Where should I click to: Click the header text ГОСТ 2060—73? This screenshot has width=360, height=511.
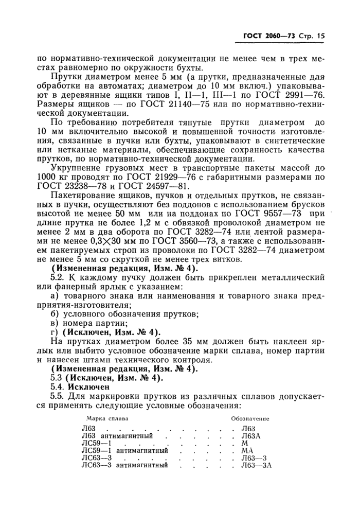click(267, 37)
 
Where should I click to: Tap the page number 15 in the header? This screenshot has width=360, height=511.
click(321, 37)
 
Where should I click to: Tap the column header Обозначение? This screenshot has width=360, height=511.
click(253, 419)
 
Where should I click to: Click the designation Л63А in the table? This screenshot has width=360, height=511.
click(251, 435)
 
